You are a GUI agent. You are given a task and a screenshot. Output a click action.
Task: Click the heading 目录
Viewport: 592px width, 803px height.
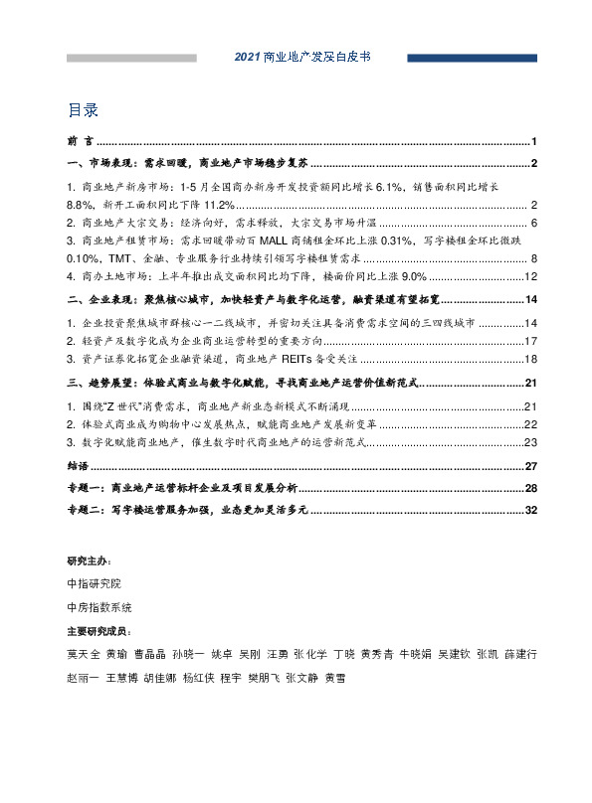[83, 108]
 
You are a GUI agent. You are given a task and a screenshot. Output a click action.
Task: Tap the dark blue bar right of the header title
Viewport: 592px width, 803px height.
[458, 59]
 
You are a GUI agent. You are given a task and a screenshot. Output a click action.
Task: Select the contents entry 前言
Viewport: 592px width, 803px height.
[76, 141]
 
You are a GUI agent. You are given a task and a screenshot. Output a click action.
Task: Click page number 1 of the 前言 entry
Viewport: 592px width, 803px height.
[534, 141]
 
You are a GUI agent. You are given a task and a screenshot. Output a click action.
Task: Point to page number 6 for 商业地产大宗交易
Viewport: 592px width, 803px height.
[534, 222]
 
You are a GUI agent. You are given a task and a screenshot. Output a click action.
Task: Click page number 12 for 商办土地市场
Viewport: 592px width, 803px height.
[531, 275]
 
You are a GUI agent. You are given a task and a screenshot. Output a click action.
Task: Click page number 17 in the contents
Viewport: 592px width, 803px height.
[531, 341]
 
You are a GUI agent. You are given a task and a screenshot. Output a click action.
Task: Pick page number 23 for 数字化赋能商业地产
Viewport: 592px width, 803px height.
[531, 441]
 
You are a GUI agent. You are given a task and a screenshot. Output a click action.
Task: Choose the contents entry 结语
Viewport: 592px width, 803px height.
[76, 465]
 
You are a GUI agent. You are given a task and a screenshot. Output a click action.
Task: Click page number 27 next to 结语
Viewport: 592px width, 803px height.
[531, 465]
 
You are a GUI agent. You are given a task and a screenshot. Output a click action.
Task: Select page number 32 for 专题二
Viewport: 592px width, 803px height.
[531, 511]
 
